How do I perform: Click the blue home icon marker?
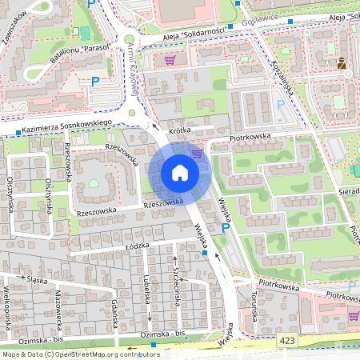click(x=180, y=173)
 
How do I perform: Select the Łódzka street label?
click(x=138, y=248)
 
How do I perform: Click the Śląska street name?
click(x=36, y=279)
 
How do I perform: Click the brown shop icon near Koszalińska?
click(x=342, y=63)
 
